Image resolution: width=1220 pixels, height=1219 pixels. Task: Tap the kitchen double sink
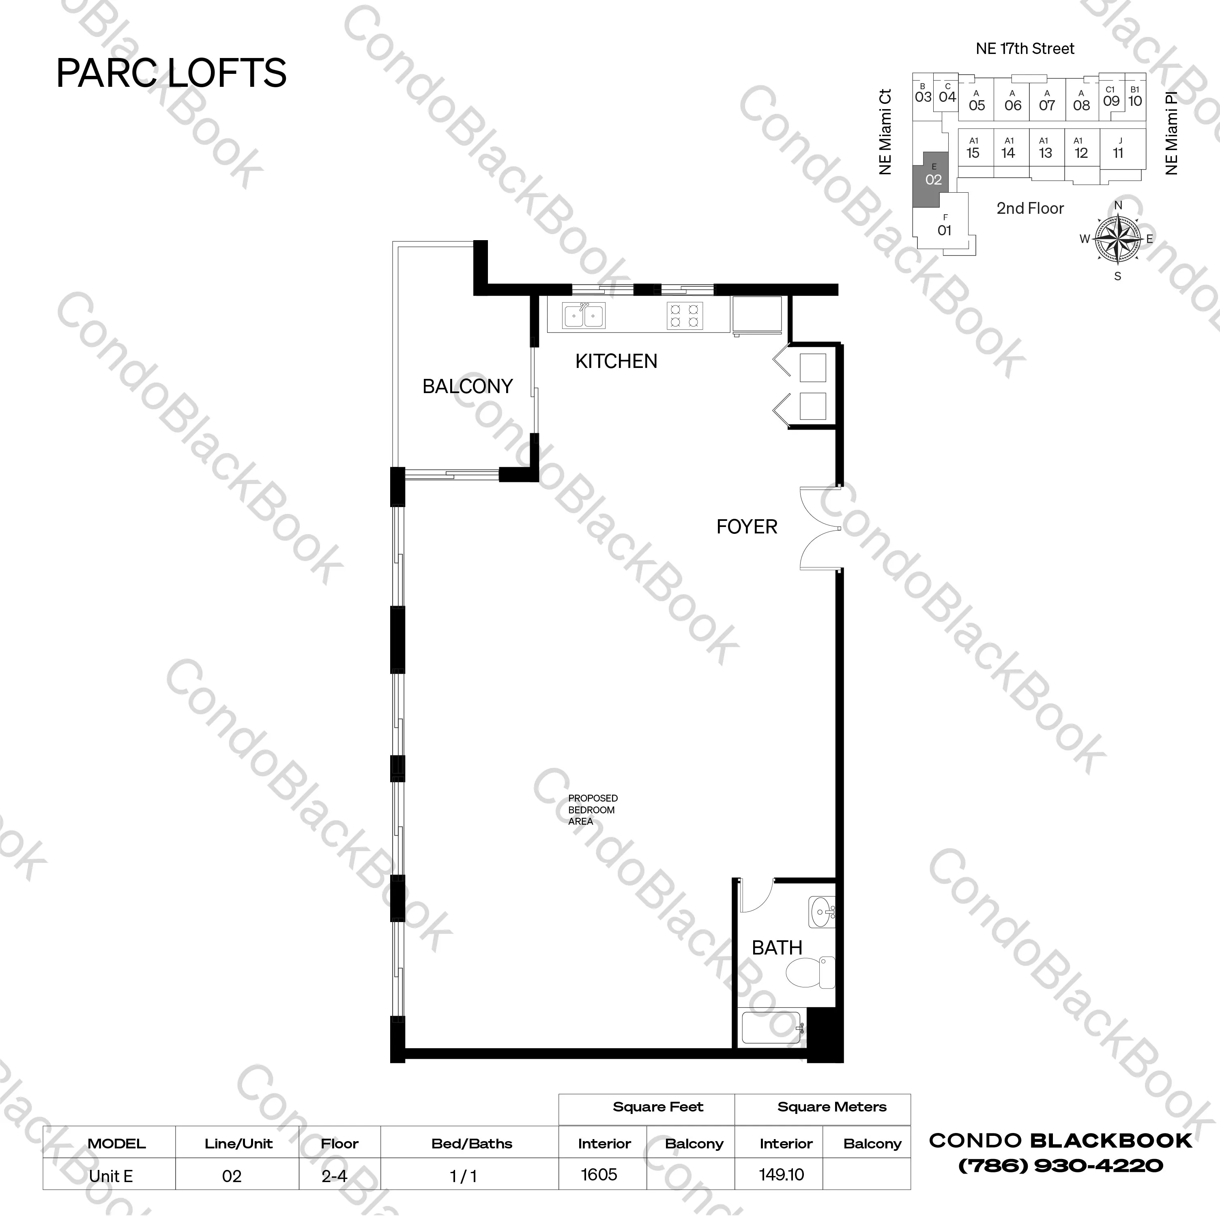click(x=584, y=315)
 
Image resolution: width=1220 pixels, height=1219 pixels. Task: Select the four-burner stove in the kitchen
click(x=685, y=316)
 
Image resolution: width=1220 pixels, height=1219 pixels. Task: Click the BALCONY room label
click(x=467, y=386)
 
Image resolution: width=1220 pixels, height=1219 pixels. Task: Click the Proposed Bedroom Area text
click(x=592, y=810)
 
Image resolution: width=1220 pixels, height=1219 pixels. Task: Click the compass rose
click(x=1118, y=239)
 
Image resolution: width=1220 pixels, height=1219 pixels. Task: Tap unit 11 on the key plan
click(x=1118, y=149)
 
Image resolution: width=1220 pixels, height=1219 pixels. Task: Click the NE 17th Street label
click(x=1025, y=49)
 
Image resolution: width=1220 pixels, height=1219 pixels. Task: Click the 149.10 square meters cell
click(x=781, y=1174)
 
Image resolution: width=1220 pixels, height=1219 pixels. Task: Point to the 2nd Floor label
click(x=1030, y=209)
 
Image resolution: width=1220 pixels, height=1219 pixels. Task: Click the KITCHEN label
click(x=616, y=361)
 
